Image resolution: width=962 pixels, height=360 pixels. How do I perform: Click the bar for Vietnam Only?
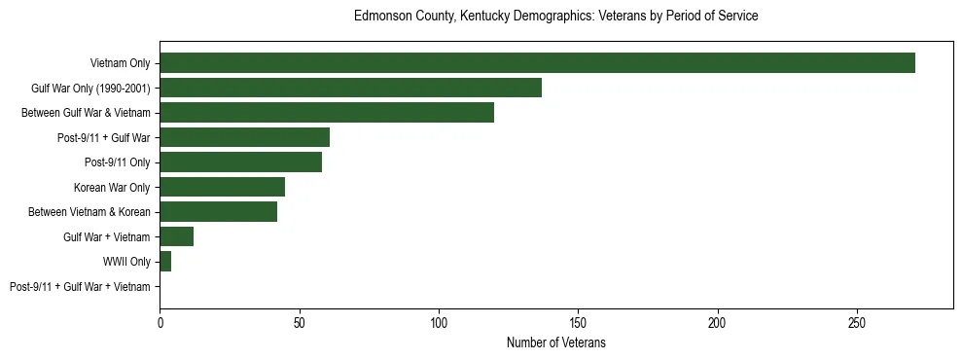click(x=537, y=63)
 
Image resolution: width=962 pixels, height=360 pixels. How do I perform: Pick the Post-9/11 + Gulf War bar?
click(x=244, y=137)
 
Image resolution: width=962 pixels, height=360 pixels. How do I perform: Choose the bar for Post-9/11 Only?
click(x=240, y=162)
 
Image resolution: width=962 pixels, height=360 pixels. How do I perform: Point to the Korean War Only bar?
click(x=222, y=187)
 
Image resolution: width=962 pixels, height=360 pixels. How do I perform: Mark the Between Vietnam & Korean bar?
click(x=218, y=212)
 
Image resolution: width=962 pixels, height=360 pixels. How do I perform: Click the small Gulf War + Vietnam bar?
click(x=176, y=236)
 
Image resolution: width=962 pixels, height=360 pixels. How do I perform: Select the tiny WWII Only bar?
click(x=165, y=262)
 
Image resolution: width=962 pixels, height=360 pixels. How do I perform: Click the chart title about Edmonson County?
click(x=555, y=17)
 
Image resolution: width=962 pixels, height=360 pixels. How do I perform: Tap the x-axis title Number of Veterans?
click(x=555, y=342)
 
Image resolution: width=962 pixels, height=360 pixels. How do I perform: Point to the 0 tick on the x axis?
click(x=160, y=321)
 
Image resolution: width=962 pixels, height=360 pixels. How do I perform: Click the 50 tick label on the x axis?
click(x=299, y=321)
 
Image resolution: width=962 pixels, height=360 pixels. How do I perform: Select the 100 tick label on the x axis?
click(x=439, y=321)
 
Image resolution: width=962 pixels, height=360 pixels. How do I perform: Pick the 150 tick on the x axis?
click(x=578, y=321)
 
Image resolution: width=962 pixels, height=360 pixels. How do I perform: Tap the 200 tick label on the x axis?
click(x=718, y=321)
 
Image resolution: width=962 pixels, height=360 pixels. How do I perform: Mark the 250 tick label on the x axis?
click(x=857, y=321)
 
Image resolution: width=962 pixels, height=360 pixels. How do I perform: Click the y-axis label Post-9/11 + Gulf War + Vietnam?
click(x=80, y=287)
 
